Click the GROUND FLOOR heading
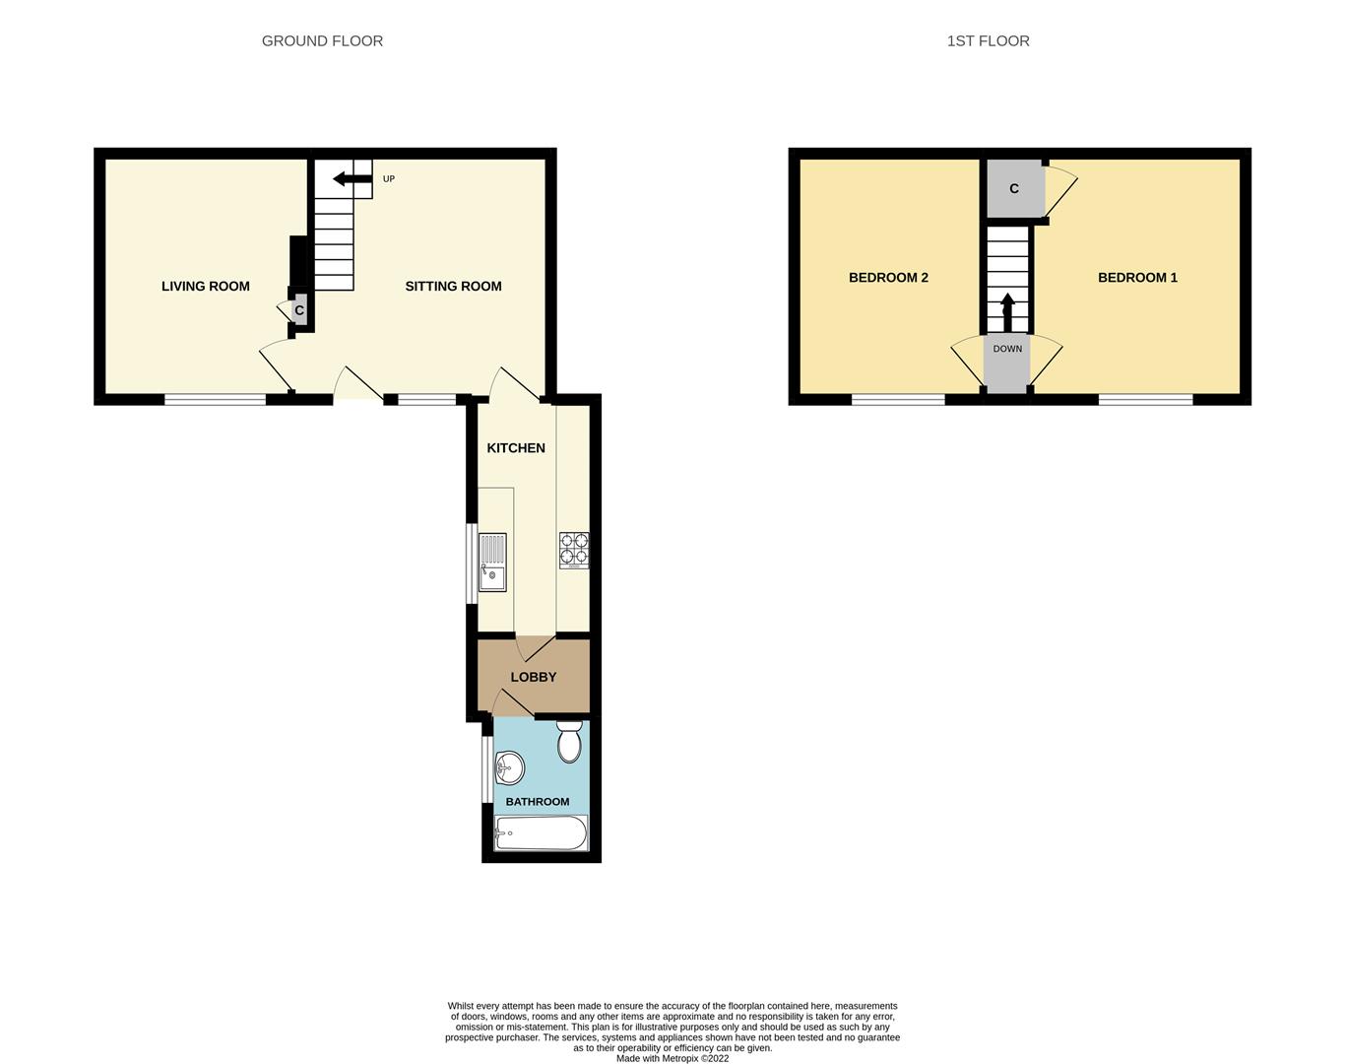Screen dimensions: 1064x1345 click(322, 41)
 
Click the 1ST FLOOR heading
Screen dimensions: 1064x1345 click(988, 41)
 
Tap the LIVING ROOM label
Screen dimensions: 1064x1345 click(206, 287)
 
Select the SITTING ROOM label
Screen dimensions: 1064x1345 click(453, 287)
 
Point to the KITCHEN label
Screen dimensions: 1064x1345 click(516, 448)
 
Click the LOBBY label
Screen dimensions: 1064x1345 click(534, 678)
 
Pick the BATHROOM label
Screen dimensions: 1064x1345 click(538, 802)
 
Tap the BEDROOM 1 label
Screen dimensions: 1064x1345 click(1137, 278)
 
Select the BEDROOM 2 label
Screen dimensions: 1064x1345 click(888, 278)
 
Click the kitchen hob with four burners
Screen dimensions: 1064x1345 click(574, 550)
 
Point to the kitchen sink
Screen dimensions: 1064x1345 click(492, 562)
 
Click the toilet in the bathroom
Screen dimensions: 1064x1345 click(569, 742)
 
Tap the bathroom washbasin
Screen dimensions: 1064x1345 click(508, 766)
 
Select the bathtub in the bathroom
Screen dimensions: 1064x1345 click(541, 833)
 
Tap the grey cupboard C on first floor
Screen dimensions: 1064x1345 click(1014, 189)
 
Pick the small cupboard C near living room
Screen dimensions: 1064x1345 click(299, 311)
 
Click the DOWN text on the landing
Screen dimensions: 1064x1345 click(1007, 349)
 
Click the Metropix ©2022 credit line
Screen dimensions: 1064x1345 click(672, 1058)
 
